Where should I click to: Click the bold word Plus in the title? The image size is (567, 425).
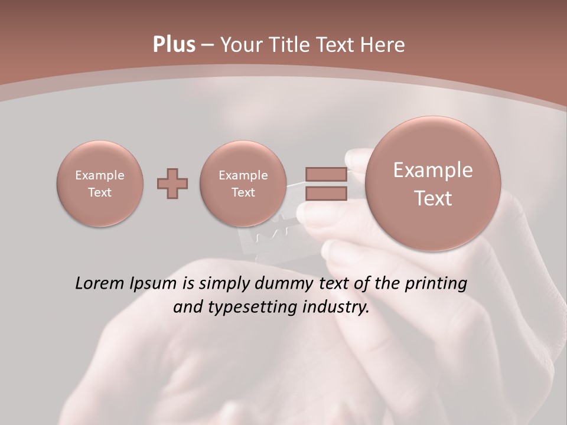coord(174,45)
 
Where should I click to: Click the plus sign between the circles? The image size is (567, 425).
coord(172,184)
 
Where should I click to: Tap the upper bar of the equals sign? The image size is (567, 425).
coord(326,174)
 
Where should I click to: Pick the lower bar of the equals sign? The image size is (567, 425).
coord(326,193)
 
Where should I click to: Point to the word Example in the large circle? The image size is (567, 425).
coord(433,170)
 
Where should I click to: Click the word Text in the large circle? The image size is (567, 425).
coord(433,198)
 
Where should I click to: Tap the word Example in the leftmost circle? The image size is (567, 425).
coord(100,175)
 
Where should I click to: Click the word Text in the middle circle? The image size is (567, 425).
coord(243,192)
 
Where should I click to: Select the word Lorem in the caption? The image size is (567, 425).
coord(100,283)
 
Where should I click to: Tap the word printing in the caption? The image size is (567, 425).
coord(435,284)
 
